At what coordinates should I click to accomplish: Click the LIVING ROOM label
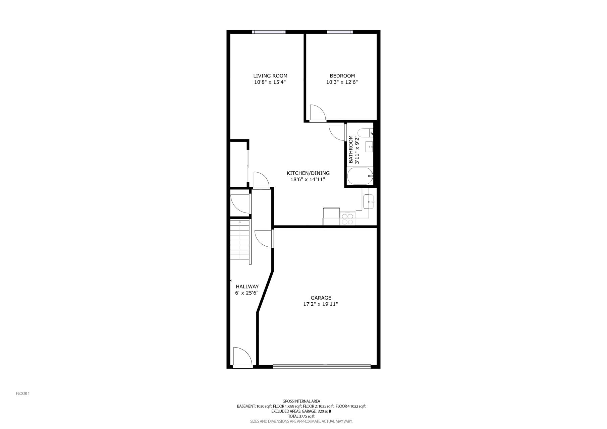[x=270, y=76]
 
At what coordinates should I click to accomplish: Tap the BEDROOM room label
[x=342, y=76]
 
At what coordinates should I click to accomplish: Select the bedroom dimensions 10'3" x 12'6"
[x=342, y=82]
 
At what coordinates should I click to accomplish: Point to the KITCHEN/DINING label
[x=308, y=173]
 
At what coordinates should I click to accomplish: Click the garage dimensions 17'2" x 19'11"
[x=320, y=304]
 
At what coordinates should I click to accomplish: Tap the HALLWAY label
[x=247, y=287]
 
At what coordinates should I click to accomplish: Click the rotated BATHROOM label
[x=351, y=149]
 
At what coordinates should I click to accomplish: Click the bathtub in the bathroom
[x=360, y=176]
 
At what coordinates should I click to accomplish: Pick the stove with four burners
[x=347, y=219]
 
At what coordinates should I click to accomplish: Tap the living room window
[x=269, y=32]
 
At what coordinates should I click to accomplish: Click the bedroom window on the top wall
[x=340, y=32]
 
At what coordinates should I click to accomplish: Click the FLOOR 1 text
[x=23, y=393]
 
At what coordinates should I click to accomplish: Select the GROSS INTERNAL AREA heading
[x=301, y=401]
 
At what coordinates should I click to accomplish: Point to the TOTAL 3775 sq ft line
[x=301, y=416]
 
